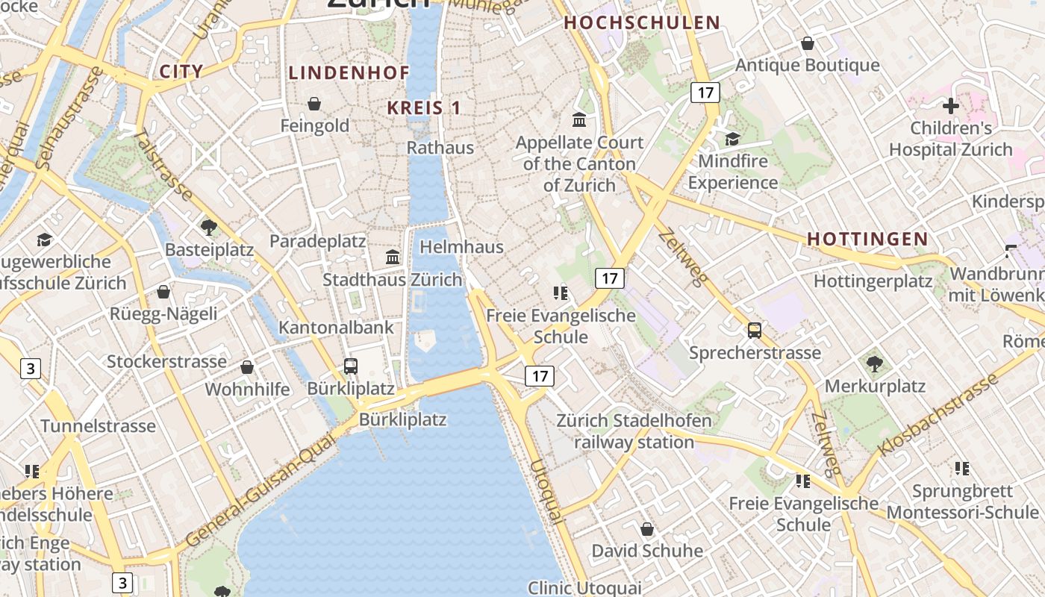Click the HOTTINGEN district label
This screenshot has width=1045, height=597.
pos(867,239)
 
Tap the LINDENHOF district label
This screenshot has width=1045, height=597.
pos(349,72)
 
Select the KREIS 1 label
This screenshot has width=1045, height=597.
pos(424,107)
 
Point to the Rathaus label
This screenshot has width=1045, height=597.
pos(440,147)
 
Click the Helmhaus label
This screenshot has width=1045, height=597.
pos(462,246)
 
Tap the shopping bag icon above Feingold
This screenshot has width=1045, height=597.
pos(314,104)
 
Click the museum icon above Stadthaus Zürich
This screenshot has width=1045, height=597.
pos(393,257)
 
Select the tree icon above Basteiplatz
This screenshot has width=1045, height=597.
pos(209,227)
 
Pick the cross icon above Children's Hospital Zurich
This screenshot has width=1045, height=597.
pos(950,106)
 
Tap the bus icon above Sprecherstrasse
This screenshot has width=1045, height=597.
pos(755,330)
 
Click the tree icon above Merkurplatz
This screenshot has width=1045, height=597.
pos(874,364)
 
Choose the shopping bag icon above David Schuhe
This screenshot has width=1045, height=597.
pos(647,529)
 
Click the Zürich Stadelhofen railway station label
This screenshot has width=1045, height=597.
pos(634,431)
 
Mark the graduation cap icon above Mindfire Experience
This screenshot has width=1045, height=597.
pos(732,139)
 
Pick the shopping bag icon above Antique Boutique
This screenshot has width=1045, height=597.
pos(807,44)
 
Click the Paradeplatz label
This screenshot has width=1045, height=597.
pos(318,241)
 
